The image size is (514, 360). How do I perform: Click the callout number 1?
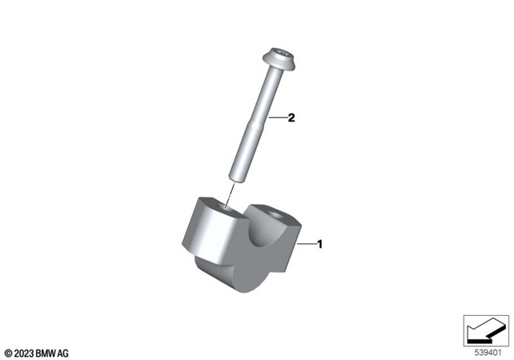click(x=320, y=243)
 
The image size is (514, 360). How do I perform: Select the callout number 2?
click(x=292, y=118)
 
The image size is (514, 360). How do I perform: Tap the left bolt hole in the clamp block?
click(x=224, y=211)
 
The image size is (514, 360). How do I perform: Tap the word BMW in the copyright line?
click(x=47, y=353)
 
